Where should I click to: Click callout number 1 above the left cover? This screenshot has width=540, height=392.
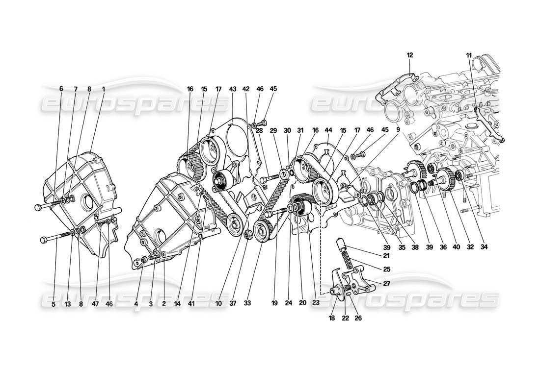click(x=104, y=89)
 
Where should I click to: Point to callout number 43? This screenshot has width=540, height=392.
click(x=233, y=89)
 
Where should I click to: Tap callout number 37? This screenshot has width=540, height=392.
click(x=233, y=304)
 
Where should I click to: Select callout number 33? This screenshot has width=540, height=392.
click(x=248, y=304)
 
